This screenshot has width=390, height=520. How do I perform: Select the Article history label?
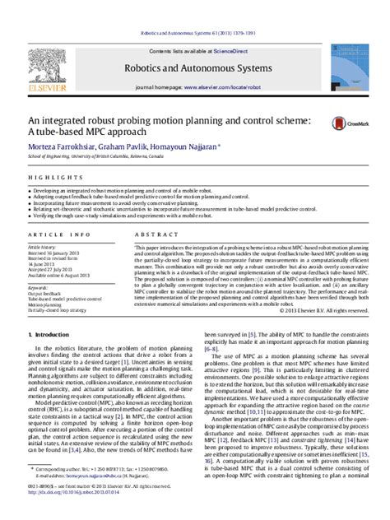click(x=43, y=246)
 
